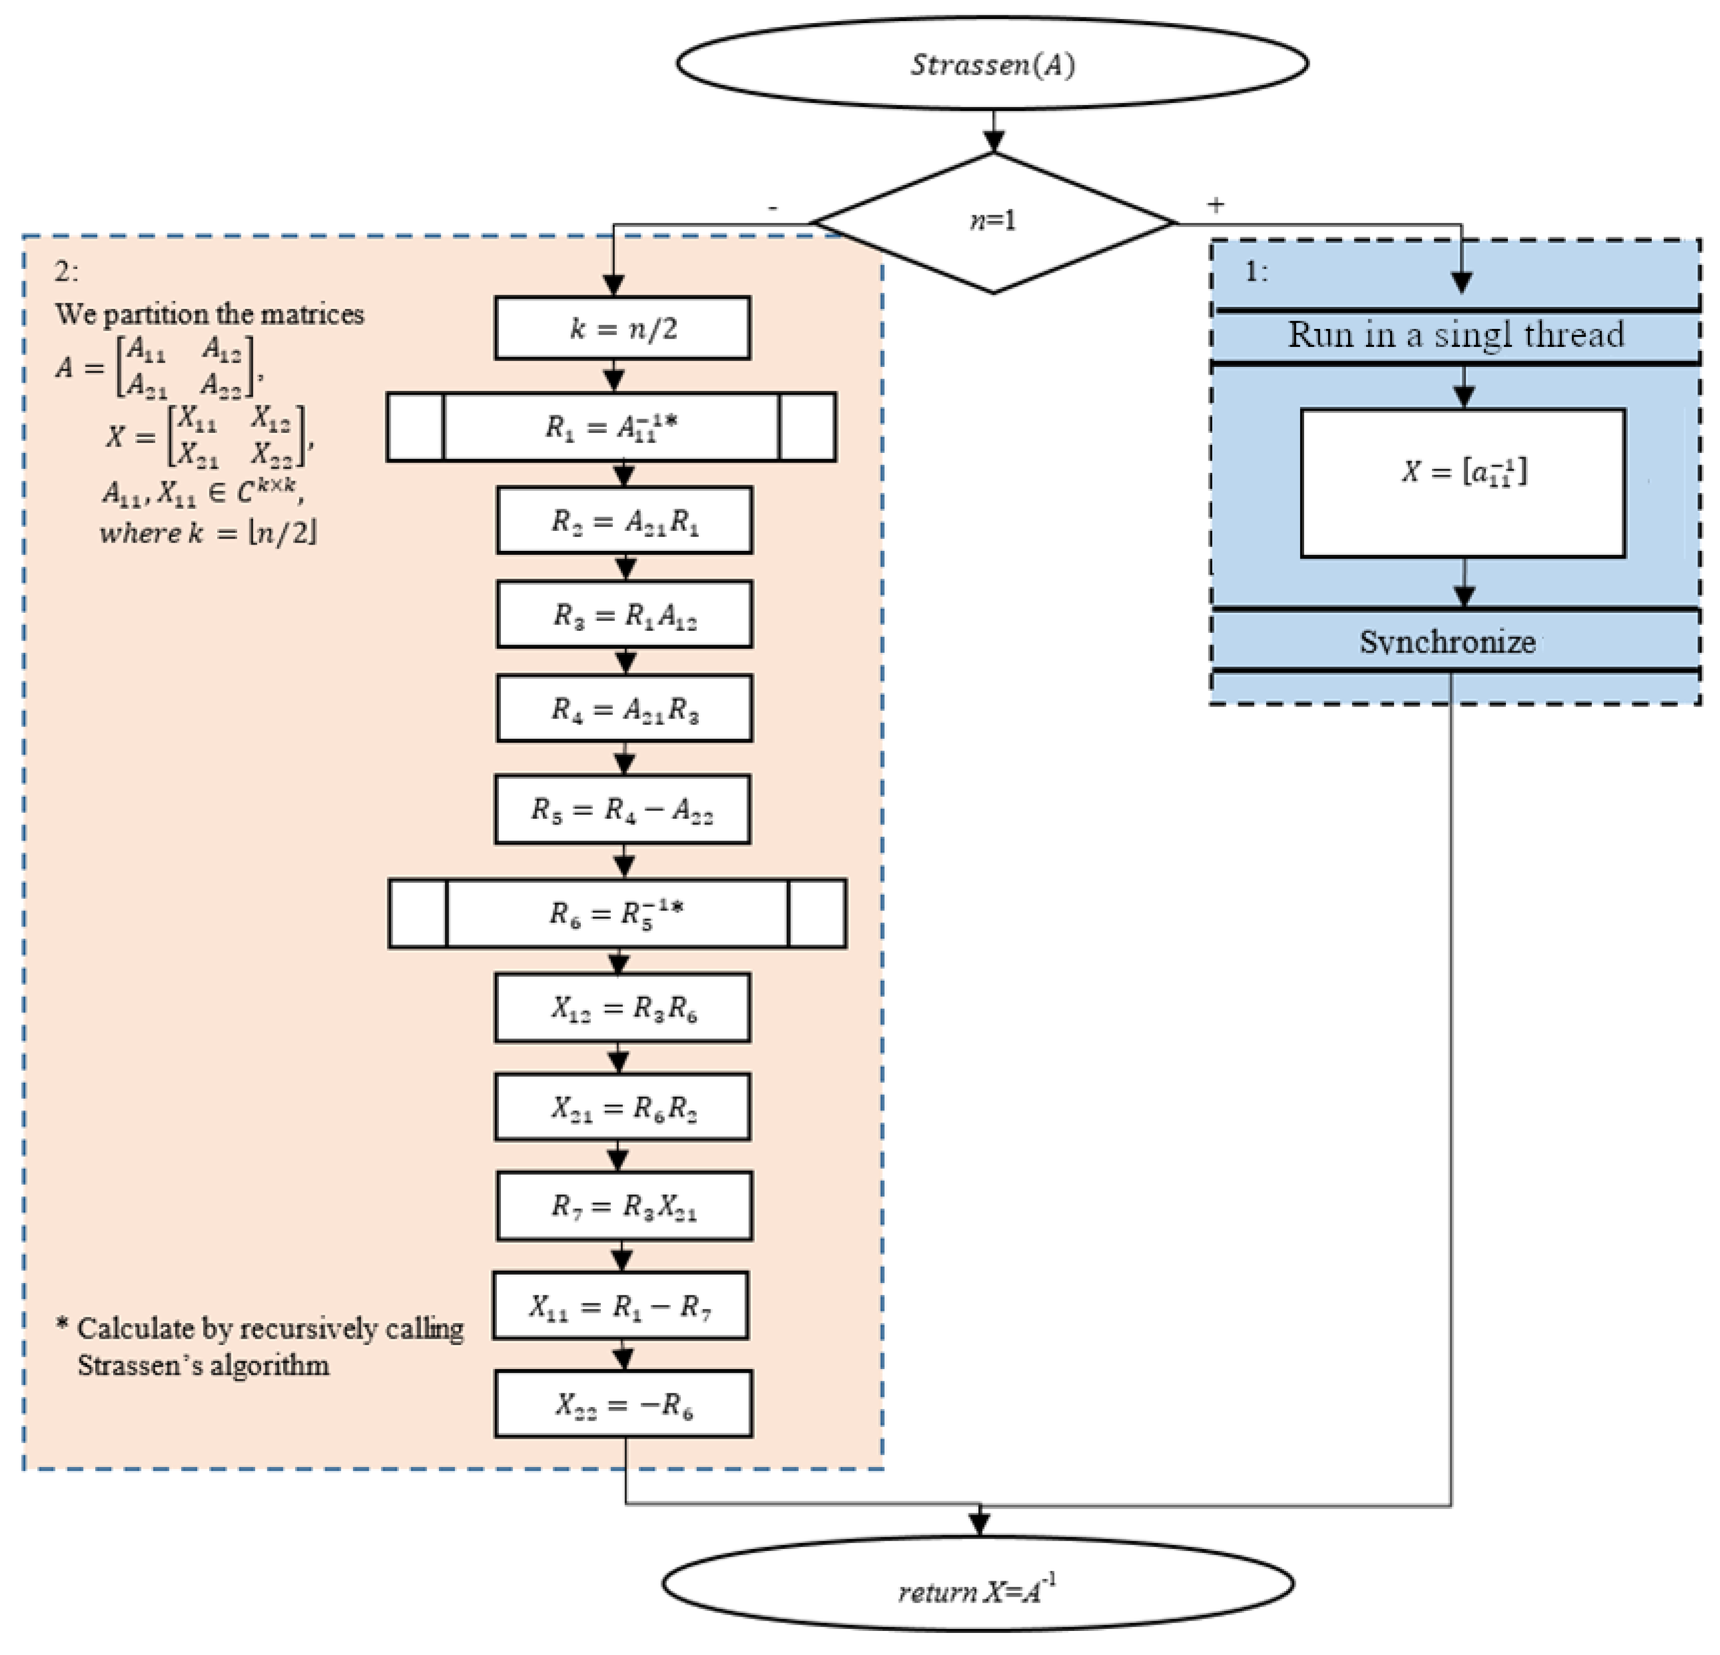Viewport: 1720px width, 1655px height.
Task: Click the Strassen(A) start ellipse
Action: click(x=992, y=64)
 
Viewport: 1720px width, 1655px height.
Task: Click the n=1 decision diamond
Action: click(x=993, y=221)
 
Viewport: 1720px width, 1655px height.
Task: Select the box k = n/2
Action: click(x=622, y=327)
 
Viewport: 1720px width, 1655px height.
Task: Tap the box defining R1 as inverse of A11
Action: click(x=611, y=427)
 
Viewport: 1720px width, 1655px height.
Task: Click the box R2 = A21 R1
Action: click(x=624, y=521)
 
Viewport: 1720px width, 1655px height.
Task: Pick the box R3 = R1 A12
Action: click(x=624, y=614)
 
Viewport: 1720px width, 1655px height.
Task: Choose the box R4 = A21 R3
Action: click(x=624, y=709)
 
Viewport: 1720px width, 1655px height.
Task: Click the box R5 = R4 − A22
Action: click(x=622, y=809)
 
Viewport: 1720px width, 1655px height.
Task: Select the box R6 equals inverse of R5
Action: click(x=617, y=913)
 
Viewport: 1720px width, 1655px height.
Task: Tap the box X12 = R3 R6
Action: click(x=622, y=1007)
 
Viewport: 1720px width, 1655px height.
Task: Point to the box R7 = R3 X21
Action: click(x=624, y=1206)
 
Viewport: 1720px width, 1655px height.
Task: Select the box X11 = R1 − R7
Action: click(x=620, y=1306)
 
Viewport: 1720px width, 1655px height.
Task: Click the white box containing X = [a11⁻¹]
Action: click(x=1462, y=483)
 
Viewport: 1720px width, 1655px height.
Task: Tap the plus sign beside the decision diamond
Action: click(x=1215, y=204)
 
